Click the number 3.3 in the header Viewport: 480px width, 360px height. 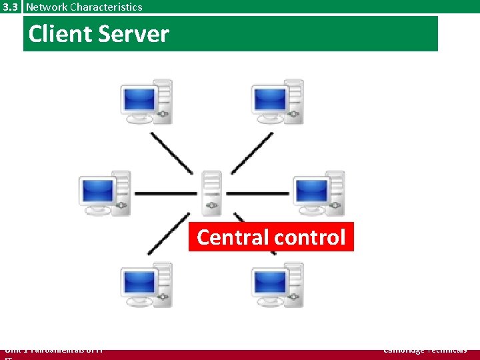pyautogui.click(x=11, y=7)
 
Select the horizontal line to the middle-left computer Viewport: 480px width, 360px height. pyautogui.click(x=165, y=193)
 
